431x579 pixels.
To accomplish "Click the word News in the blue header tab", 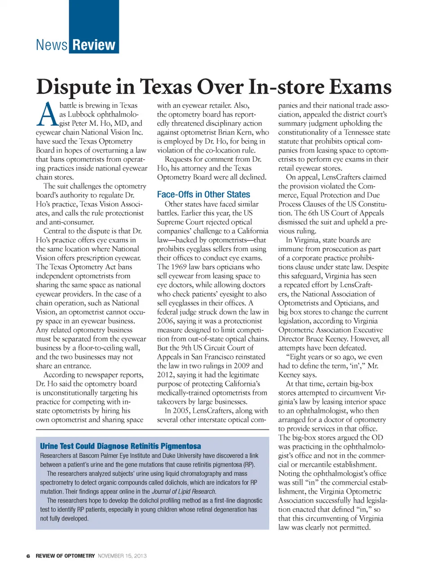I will pos(52,45).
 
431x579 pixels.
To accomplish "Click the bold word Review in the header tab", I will pos(94,45).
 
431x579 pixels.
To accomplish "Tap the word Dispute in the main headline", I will pos(74,87).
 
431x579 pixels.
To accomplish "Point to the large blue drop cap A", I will pos(47,115).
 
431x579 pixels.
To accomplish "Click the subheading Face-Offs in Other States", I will pos(203,194).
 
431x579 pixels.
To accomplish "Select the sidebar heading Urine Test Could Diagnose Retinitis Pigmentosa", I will pos(120,446).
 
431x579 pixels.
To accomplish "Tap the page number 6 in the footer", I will pos(28,556).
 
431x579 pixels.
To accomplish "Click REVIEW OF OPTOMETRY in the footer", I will pos(65,556).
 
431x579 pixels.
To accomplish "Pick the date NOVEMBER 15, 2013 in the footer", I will pos(122,556).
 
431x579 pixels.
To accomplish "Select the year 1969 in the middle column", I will pos(179,267).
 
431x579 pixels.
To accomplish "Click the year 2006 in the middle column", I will pos(166,320).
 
